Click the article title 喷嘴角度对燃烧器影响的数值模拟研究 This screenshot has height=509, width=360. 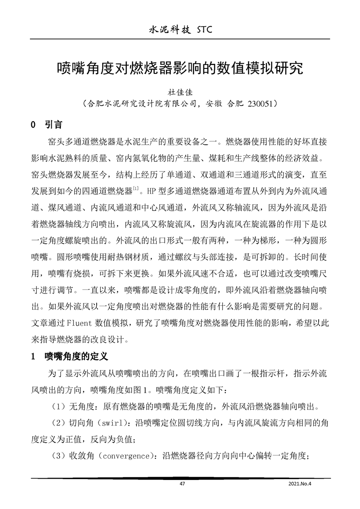pos(179,69)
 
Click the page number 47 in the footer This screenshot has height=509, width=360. pos(182,484)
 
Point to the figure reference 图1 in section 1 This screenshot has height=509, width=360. pos(143,390)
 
